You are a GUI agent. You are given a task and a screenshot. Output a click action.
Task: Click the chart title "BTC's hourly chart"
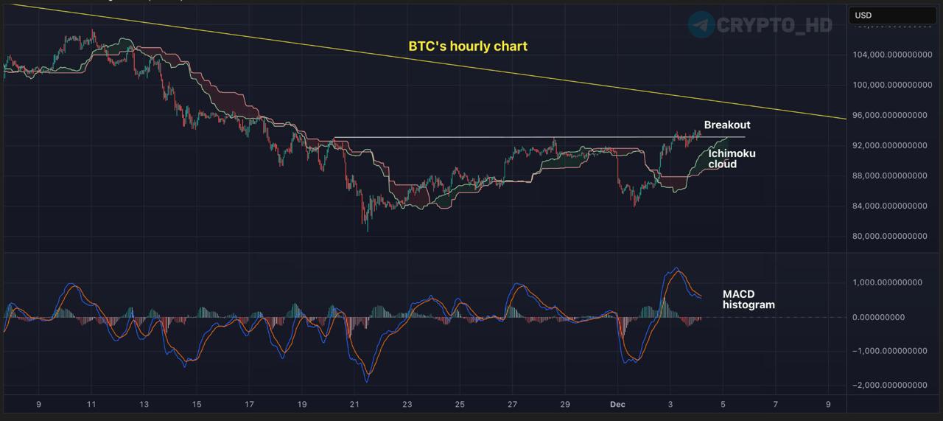tap(468, 46)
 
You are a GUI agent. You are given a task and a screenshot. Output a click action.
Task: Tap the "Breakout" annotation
tap(727, 125)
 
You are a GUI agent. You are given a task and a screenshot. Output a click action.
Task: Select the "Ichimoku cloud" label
tap(732, 159)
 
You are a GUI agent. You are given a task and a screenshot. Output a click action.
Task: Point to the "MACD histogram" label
tap(749, 299)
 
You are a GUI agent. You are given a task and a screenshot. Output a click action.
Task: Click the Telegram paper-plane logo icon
tap(701, 24)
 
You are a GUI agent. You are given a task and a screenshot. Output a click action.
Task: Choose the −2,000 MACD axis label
tap(890, 385)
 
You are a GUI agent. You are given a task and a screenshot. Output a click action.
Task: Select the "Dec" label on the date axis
tap(617, 405)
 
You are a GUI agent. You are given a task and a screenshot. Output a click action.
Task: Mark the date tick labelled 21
tap(354, 405)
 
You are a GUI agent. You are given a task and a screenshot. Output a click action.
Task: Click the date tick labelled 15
tap(197, 405)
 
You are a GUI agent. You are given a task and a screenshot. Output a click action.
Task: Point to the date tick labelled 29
tap(565, 405)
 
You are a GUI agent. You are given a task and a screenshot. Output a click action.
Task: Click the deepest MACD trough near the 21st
tap(367, 380)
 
